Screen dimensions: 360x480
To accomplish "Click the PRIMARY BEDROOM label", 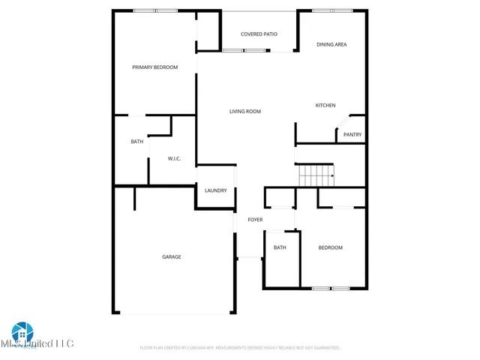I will [x=154, y=67].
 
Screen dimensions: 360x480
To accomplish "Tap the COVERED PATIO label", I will [x=259, y=34].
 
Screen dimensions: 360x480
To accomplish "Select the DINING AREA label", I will [x=331, y=45].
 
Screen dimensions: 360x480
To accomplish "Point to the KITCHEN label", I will [x=325, y=105].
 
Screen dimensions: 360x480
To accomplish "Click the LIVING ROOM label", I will [x=244, y=112].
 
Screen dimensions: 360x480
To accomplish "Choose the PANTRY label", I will [x=352, y=135].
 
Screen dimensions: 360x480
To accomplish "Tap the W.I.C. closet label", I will [x=175, y=158].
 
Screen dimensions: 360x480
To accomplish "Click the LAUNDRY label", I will [x=215, y=190].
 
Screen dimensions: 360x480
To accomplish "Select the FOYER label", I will [x=255, y=219].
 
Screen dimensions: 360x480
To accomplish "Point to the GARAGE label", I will [x=171, y=256].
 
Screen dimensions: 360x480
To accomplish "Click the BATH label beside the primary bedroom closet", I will [x=137, y=142].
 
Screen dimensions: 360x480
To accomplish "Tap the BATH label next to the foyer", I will [x=280, y=247].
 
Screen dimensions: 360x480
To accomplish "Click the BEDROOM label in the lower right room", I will [x=330, y=247].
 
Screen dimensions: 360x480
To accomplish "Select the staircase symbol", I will [x=316, y=176].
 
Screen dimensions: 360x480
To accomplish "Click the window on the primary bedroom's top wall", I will [x=155, y=10].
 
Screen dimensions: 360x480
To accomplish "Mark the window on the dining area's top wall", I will [x=332, y=10].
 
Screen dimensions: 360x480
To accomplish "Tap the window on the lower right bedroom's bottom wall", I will [x=331, y=289].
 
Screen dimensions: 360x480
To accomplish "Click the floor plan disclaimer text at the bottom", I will [x=240, y=348].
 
